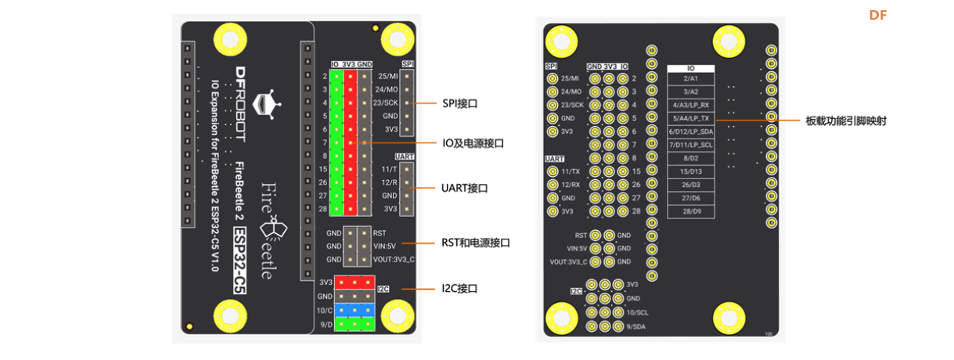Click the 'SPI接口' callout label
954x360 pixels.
click(460, 103)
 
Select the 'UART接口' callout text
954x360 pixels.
click(465, 189)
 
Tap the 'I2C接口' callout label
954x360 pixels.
click(460, 289)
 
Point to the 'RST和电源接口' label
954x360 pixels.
click(475, 243)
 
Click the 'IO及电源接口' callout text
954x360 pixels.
click(473, 143)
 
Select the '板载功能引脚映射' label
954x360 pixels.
click(846, 121)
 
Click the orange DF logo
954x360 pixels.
click(877, 15)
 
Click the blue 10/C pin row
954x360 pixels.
click(355, 311)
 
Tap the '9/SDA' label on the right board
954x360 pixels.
click(636, 326)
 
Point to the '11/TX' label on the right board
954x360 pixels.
click(571, 171)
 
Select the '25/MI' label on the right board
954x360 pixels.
click(570, 78)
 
